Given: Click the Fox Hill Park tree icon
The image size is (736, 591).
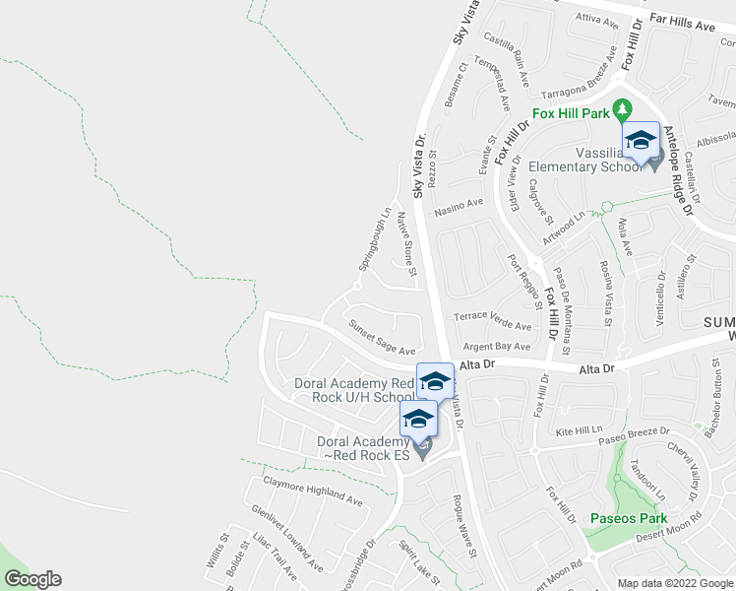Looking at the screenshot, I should [621, 107].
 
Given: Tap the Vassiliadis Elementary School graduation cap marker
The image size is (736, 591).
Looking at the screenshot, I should [640, 139].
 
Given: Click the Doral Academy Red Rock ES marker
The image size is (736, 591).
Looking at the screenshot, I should [418, 419].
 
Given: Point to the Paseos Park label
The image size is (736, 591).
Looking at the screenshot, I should [628, 518].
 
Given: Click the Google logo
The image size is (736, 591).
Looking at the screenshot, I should [32, 580].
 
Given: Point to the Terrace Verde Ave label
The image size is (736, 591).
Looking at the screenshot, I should [492, 321].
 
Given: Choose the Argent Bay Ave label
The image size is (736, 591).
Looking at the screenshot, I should [497, 347].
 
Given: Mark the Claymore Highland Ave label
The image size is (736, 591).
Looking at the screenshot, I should [312, 491].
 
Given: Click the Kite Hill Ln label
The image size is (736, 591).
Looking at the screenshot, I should [579, 431].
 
